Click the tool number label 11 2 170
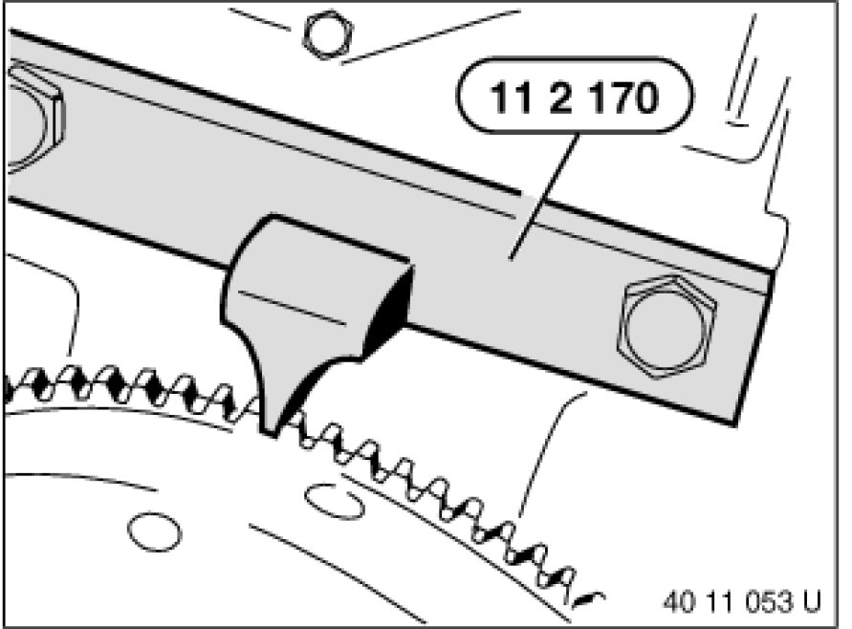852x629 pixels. click(x=575, y=97)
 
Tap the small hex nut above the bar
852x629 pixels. click(x=327, y=34)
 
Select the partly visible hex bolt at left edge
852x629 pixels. click(x=33, y=119)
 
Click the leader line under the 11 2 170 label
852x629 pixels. click(x=542, y=196)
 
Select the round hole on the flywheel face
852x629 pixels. click(x=154, y=531)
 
